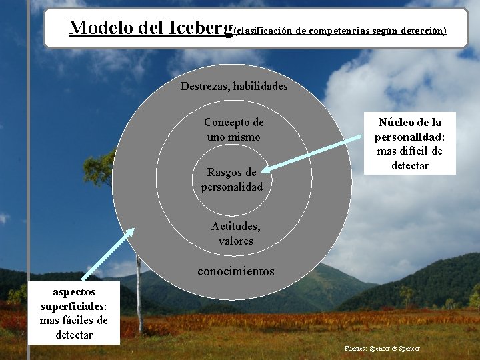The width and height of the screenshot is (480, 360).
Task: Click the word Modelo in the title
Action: (101, 28)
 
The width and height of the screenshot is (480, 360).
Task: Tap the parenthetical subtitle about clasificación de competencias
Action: (341, 31)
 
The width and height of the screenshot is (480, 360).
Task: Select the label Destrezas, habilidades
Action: (234, 86)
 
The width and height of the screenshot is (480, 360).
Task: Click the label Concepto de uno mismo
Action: (234, 129)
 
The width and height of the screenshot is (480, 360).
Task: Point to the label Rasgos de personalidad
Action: (232, 179)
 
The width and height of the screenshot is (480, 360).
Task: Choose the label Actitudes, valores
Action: (235, 233)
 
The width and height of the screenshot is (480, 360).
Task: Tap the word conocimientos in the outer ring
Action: (235, 271)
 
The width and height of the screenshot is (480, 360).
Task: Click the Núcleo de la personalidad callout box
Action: (409, 143)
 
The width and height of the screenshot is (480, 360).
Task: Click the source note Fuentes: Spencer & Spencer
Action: (382, 348)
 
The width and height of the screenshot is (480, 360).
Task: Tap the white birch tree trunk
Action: (140, 293)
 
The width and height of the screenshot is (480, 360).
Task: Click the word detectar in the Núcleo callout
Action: (410, 165)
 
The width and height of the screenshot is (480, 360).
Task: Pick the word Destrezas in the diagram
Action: (204, 86)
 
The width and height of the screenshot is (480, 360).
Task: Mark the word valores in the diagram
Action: (235, 241)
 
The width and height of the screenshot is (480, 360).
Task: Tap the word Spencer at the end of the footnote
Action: (407, 348)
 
